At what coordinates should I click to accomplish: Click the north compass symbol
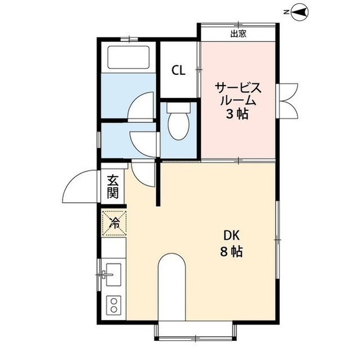tap(300, 12)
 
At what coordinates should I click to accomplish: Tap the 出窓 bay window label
tap(238, 34)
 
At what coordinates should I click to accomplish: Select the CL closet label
tap(178, 70)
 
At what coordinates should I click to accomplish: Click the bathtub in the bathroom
tap(129, 57)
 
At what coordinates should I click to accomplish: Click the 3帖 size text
tap(237, 114)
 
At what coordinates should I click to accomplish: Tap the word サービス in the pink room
tap(238, 88)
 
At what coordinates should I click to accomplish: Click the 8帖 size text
tap(231, 252)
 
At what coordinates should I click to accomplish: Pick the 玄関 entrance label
tap(113, 186)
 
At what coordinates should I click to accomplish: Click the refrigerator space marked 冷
tap(114, 223)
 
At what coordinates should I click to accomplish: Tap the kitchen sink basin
tap(113, 274)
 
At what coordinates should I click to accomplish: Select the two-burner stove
tap(113, 305)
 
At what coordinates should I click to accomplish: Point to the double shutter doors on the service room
tap(289, 101)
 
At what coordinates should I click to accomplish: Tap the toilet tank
tap(179, 107)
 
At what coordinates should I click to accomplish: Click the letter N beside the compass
tap(286, 12)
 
